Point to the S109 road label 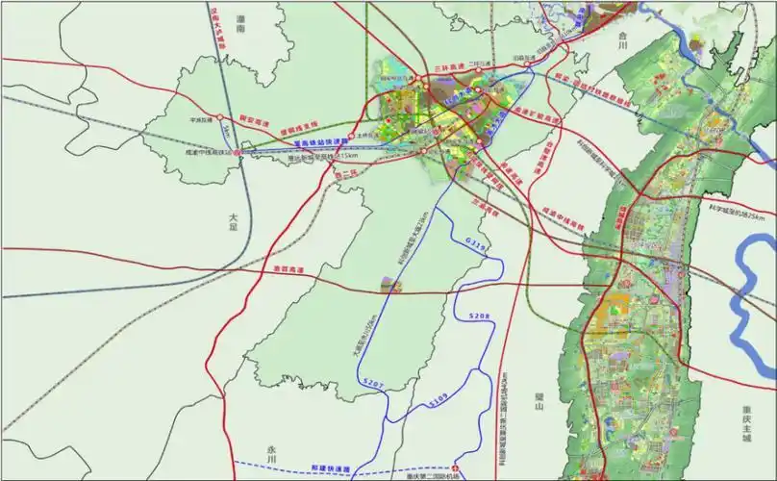click(439, 396)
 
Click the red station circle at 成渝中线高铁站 click(238, 151)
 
